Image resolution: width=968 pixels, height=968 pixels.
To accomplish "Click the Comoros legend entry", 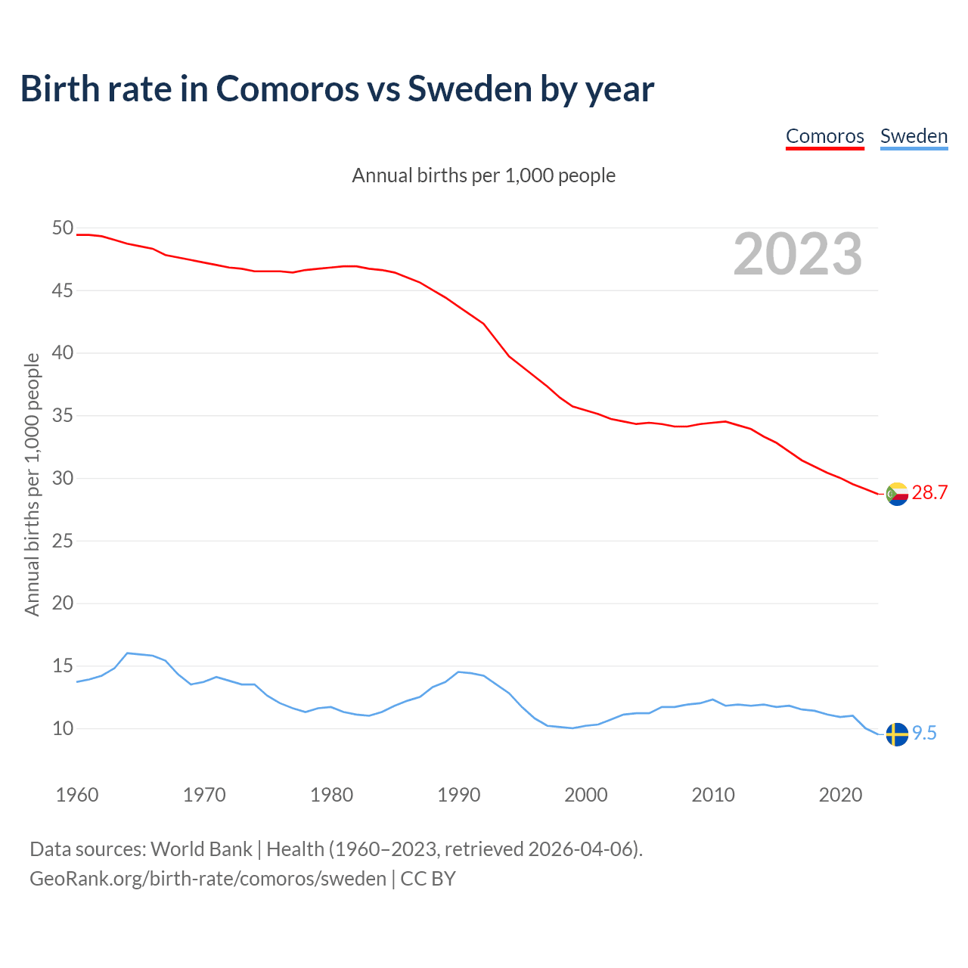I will (x=824, y=136).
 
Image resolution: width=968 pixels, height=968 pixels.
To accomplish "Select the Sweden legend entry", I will (x=914, y=136).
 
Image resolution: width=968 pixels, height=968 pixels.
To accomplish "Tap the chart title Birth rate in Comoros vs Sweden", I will (x=337, y=88).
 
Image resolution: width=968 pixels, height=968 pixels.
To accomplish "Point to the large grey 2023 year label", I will (x=798, y=254).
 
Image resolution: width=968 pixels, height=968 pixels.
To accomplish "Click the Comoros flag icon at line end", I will (x=897, y=494).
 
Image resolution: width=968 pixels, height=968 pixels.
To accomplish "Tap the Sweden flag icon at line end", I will (x=897, y=734).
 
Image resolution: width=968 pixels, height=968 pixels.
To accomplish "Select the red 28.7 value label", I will (x=929, y=492).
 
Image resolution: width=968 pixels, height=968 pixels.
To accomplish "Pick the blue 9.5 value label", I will (x=924, y=733).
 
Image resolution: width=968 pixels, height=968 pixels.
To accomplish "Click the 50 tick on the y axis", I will (x=63, y=228).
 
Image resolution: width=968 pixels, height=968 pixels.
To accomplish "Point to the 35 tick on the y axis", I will (x=63, y=415).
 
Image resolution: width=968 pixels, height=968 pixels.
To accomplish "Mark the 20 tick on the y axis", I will (x=63, y=603).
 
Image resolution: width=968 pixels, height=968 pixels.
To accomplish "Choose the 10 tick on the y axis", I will (x=63, y=728).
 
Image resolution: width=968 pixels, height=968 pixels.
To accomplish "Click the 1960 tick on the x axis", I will (x=77, y=795).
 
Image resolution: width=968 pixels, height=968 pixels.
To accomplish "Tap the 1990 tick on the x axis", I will (x=459, y=795).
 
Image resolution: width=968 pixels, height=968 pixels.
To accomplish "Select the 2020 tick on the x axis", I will (x=840, y=795).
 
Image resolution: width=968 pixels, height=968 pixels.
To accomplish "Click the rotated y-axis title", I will (x=32, y=484).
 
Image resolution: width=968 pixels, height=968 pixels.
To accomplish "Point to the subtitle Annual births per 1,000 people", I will (x=484, y=175).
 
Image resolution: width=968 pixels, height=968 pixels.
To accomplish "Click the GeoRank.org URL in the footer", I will (x=208, y=879).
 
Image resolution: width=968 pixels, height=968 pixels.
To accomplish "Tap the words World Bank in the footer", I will (x=201, y=849).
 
